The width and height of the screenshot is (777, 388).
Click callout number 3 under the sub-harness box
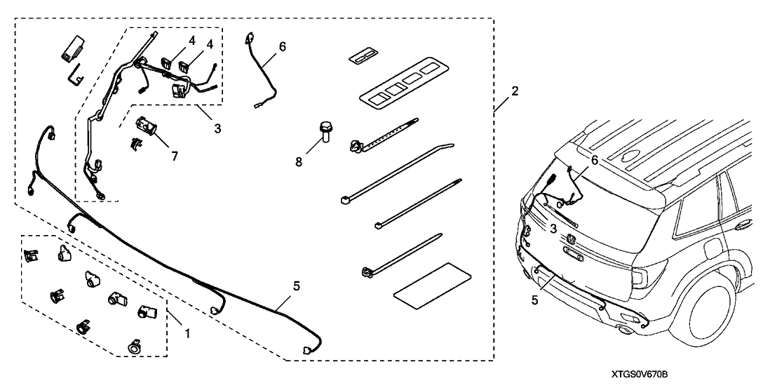pyautogui.click(x=217, y=128)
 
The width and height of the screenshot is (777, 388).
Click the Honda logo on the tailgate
pyautogui.click(x=571, y=240)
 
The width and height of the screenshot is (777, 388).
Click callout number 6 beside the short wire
pyautogui.click(x=282, y=47)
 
